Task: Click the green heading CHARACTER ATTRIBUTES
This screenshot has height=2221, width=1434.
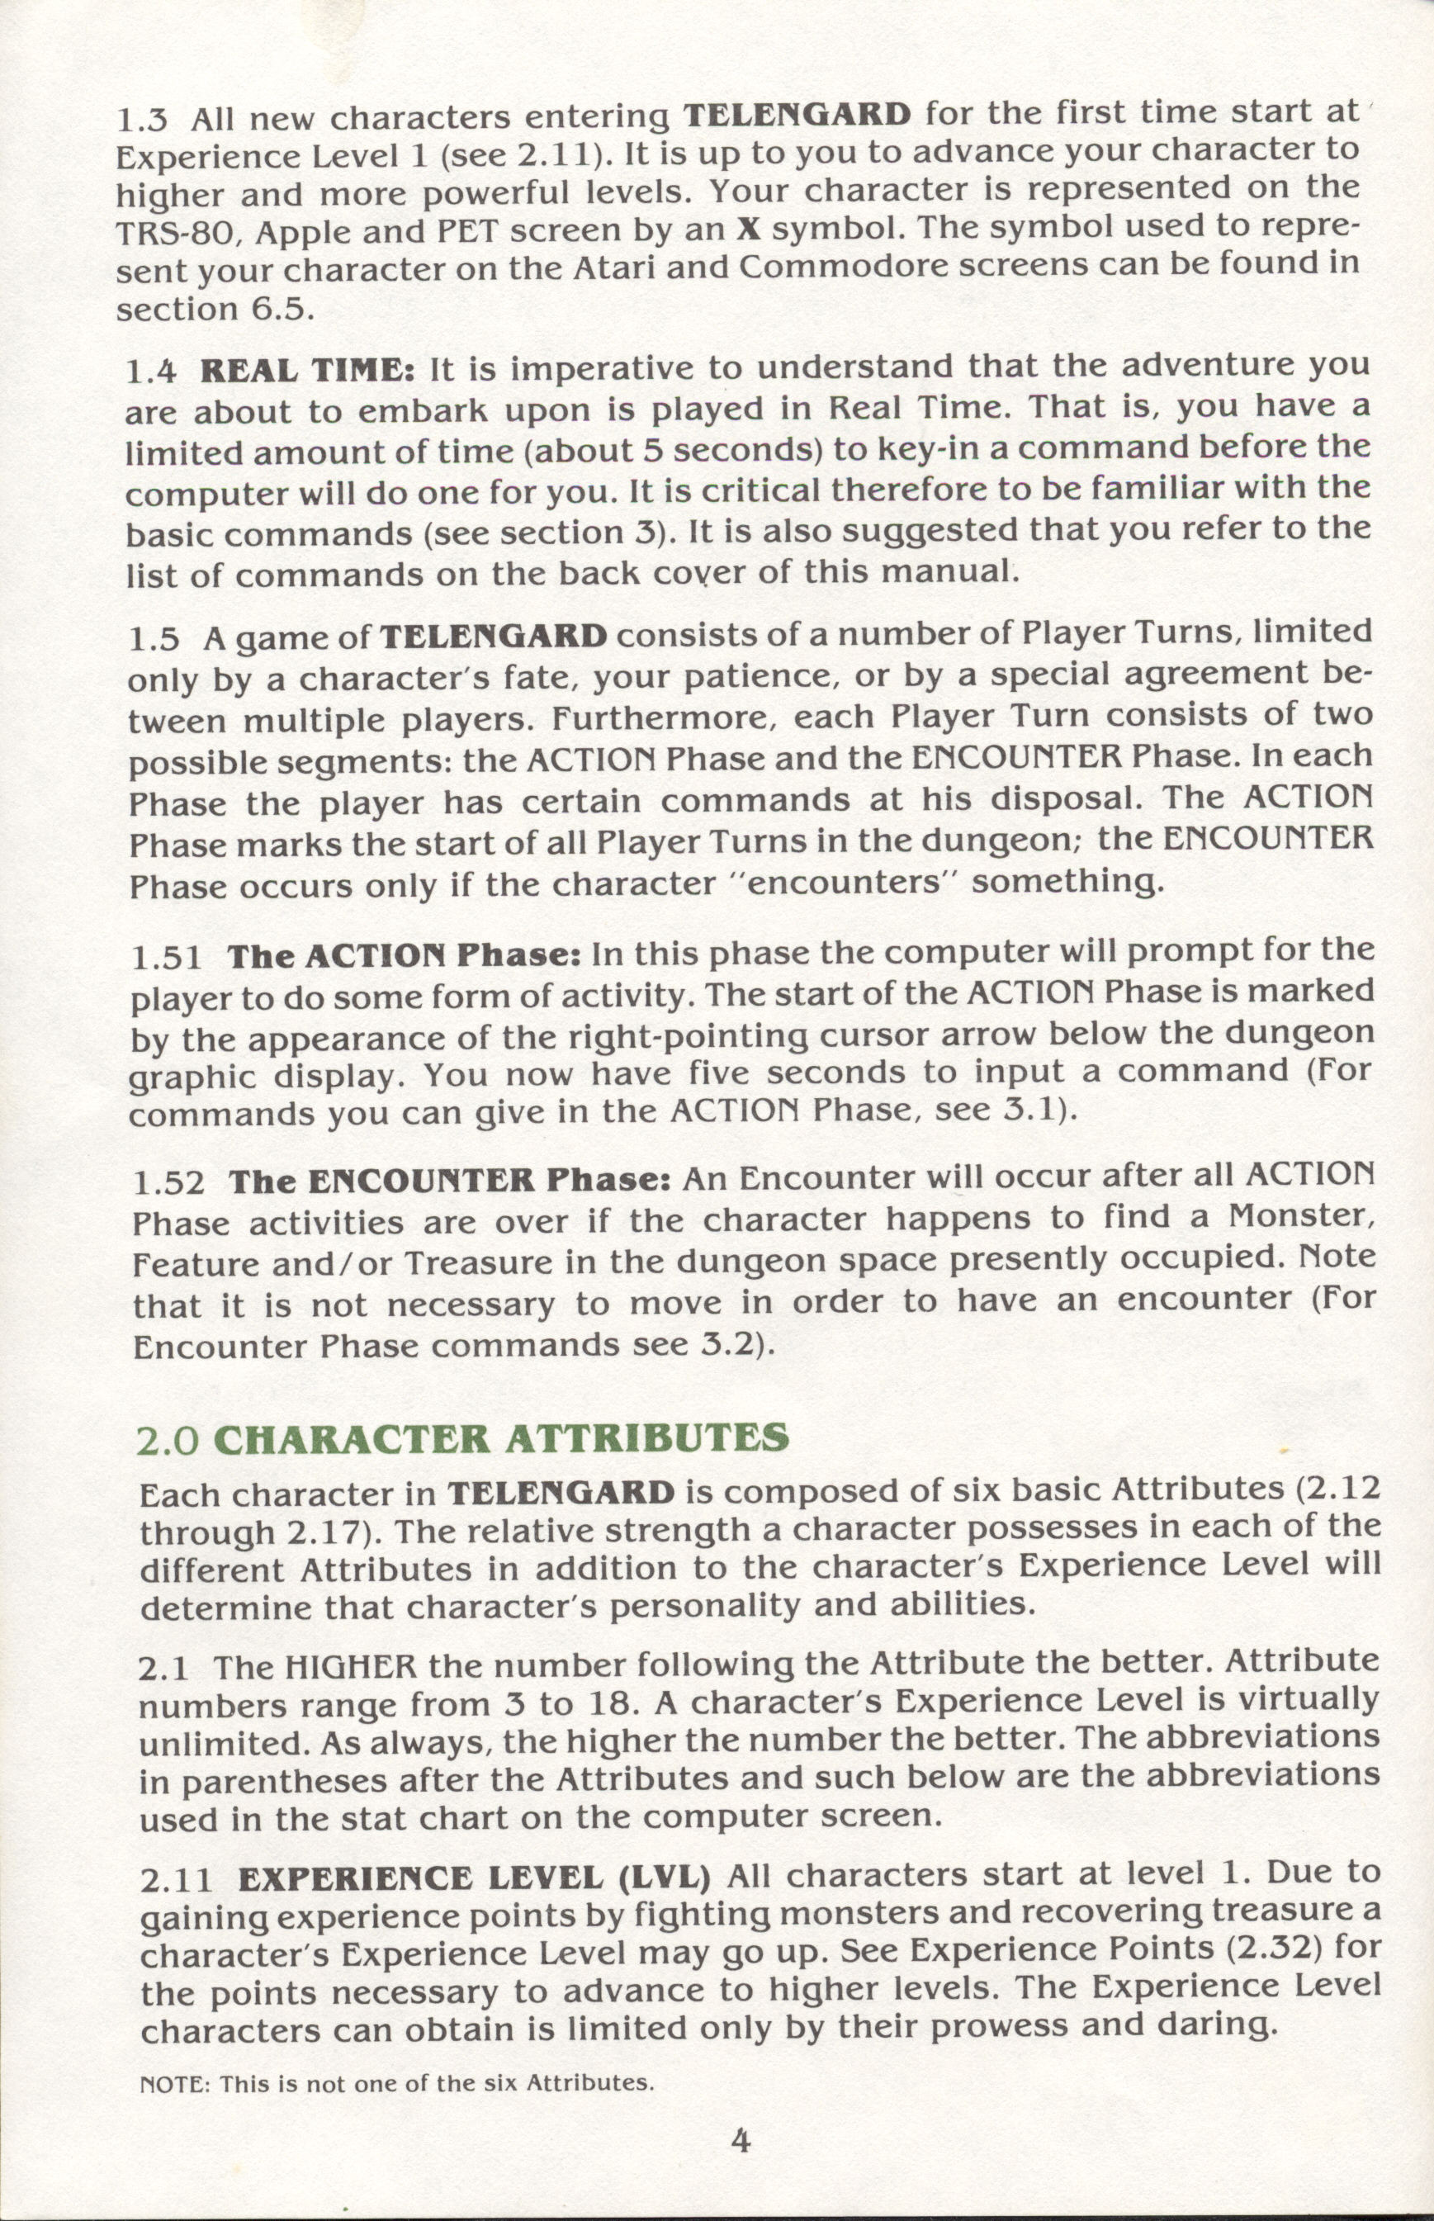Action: pyautogui.click(x=501, y=1440)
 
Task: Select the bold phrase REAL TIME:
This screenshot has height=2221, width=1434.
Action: pyautogui.click(x=308, y=370)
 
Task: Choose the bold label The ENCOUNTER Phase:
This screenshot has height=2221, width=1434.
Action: pyautogui.click(x=451, y=1181)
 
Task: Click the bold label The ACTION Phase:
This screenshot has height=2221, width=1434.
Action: pyautogui.click(x=405, y=956)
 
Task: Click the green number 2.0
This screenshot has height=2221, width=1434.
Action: pyautogui.click(x=168, y=1442)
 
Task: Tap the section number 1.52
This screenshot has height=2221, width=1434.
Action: pyautogui.click(x=168, y=1182)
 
